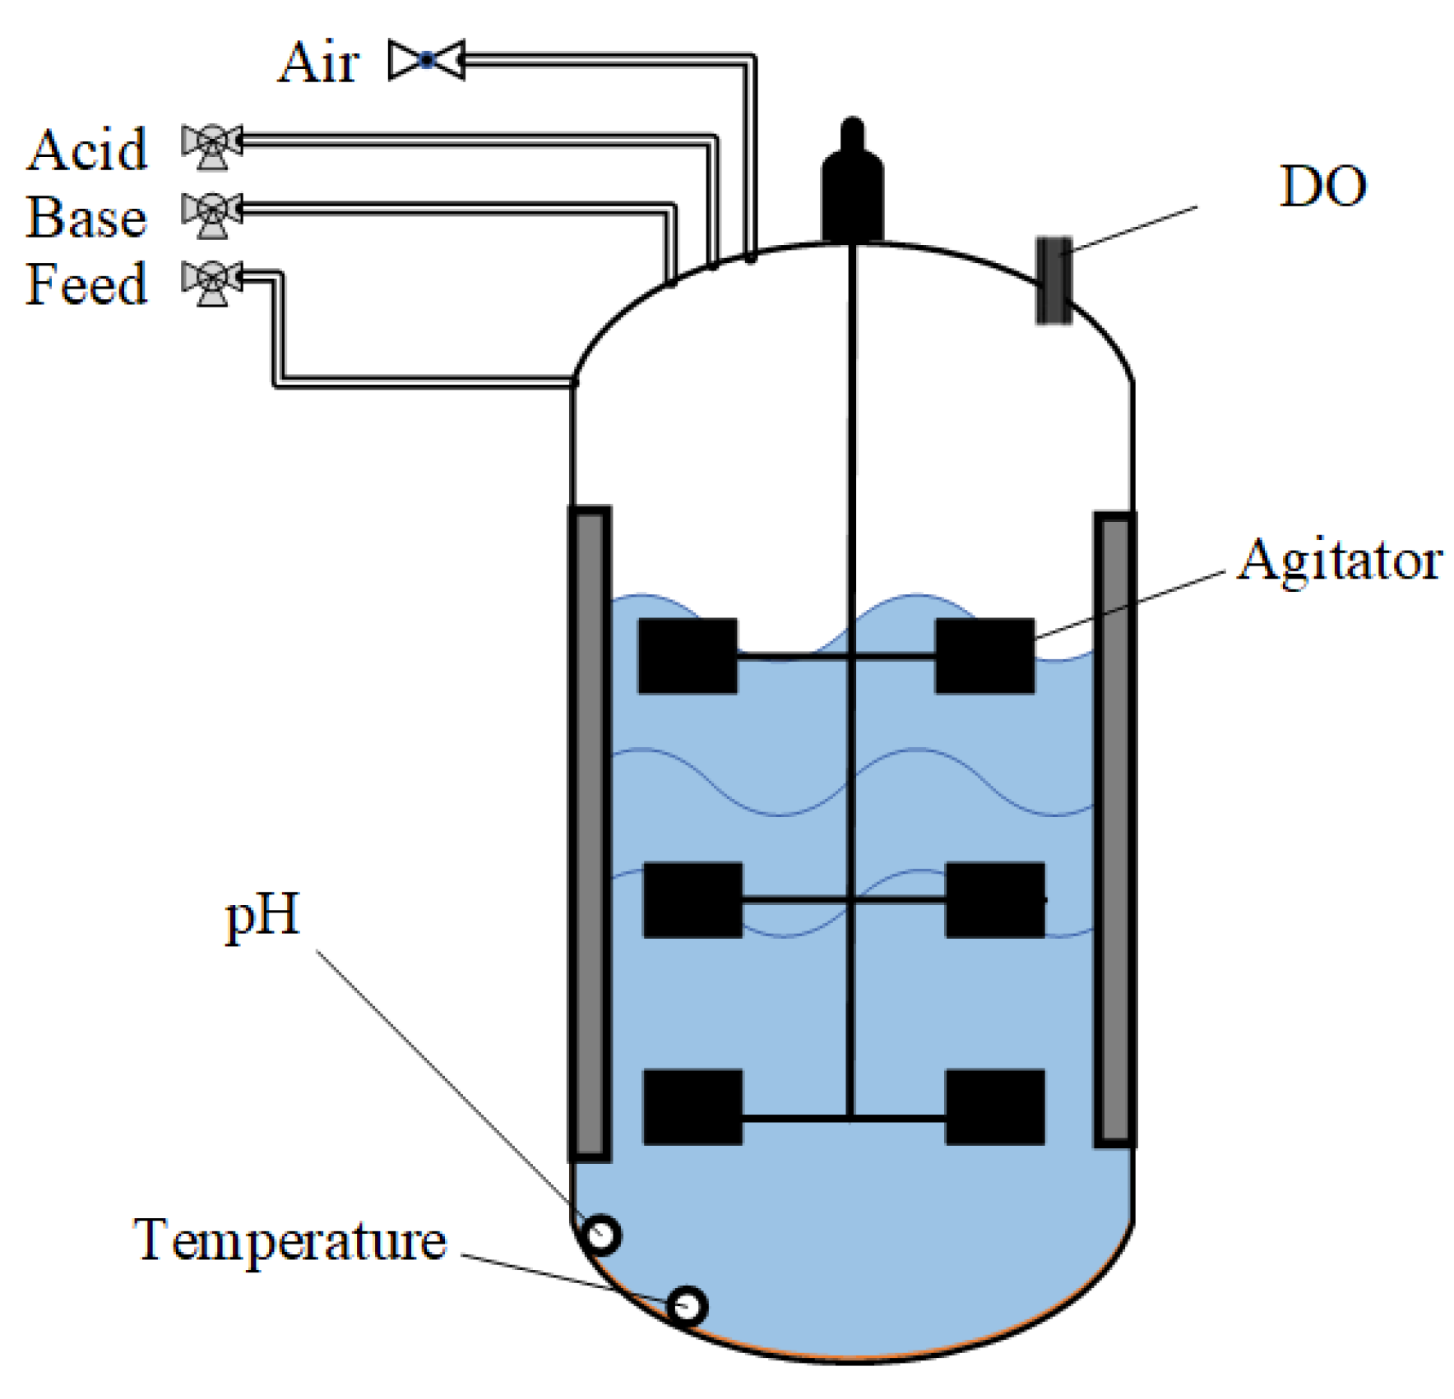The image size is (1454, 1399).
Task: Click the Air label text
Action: coord(317,62)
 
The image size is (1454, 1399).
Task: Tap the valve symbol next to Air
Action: coord(427,60)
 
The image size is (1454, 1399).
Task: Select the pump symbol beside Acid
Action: coord(211,146)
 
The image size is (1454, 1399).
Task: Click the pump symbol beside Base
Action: coord(211,215)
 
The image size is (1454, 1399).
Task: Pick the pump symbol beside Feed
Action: coord(211,282)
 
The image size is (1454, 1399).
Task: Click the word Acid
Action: coord(87,150)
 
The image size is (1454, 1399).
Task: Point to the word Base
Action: coord(87,218)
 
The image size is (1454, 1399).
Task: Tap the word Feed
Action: coord(87,285)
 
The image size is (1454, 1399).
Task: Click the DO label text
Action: coord(1322,187)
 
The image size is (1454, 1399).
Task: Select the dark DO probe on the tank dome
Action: coord(1053,280)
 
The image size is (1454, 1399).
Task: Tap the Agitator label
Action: coord(1340,561)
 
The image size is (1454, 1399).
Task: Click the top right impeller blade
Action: coord(984,656)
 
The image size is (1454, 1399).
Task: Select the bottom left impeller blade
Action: coord(692,1106)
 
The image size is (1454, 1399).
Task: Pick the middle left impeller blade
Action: coord(692,899)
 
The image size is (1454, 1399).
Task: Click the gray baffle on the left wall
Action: coord(590,833)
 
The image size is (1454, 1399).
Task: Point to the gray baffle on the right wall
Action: coord(1114,829)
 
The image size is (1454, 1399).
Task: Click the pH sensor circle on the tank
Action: coord(601,1234)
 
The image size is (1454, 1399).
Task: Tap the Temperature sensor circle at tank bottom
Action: coord(686,1305)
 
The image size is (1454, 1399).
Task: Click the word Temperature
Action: coord(289,1240)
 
